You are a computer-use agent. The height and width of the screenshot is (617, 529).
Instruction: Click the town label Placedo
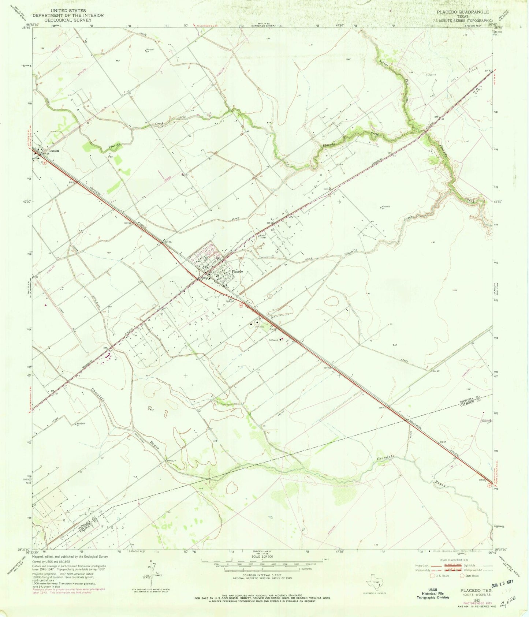tap(237, 272)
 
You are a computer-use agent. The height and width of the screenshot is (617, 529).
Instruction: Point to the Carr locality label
tap(478, 89)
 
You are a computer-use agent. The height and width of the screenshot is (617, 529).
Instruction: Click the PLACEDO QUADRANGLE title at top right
tap(462, 12)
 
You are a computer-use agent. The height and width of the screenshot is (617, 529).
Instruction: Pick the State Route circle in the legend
tap(462, 576)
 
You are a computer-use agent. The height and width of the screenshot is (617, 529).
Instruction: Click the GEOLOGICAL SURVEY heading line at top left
tap(68, 20)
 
